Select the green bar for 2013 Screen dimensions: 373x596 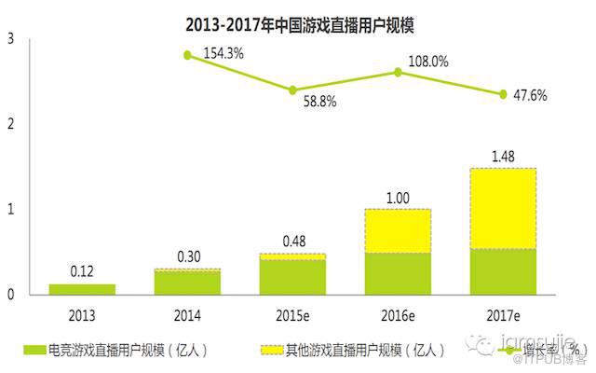coord(81,289)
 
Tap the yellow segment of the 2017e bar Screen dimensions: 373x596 coord(503,208)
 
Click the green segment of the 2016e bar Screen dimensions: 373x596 coord(398,273)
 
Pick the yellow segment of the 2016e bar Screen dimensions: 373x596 coord(398,230)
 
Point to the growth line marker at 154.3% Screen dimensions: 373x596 coord(187,55)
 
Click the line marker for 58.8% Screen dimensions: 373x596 coord(292,90)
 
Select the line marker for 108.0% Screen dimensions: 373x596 coord(398,72)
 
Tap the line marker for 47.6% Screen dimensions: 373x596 coord(503,94)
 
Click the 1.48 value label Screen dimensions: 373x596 coord(503,156)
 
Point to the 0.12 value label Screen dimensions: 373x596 coord(81,271)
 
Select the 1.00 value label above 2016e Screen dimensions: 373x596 coord(398,198)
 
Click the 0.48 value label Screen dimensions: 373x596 coord(292,242)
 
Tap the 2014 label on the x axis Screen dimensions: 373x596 coord(187,315)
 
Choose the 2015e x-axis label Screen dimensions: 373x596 coord(292,315)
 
